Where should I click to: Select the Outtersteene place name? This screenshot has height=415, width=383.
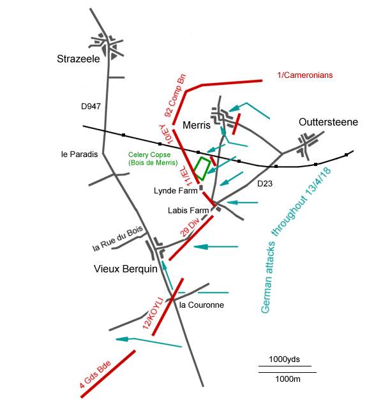point(329,123)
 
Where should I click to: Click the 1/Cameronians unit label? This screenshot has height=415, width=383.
point(305,75)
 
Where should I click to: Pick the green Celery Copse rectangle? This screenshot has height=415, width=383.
point(202,168)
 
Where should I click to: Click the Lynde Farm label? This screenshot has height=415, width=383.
point(174,190)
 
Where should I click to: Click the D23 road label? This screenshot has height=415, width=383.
point(264,184)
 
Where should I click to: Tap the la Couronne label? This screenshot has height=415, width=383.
point(202,305)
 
